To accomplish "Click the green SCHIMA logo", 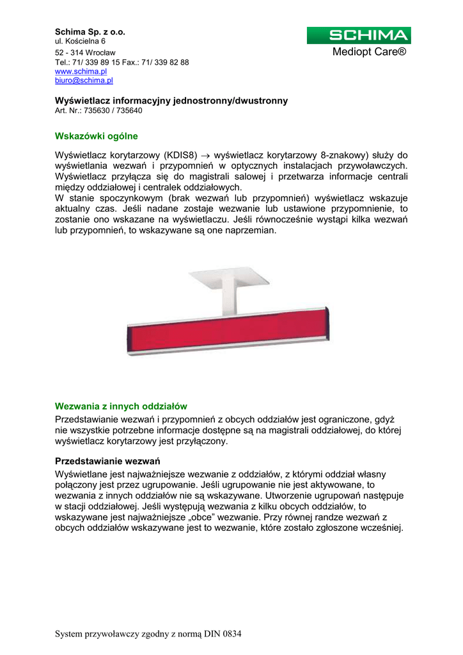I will pos(358,36).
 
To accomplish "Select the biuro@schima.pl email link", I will pos(84,81).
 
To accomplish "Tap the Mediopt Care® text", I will pos(370,52).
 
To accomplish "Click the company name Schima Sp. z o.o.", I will pos(90,31).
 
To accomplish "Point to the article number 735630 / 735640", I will pos(99,111).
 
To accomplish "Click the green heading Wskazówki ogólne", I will pos(97,136).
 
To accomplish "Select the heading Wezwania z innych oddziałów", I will pos(121,406).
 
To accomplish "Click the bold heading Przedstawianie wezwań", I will pos(107,461).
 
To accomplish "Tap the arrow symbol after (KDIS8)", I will pos(205,156).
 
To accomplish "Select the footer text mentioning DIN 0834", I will pos(148,634).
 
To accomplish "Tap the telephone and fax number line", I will pos(122,62).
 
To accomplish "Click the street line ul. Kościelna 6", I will pos(81,41).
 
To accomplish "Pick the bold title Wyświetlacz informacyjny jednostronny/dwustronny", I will pos(171,100).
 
